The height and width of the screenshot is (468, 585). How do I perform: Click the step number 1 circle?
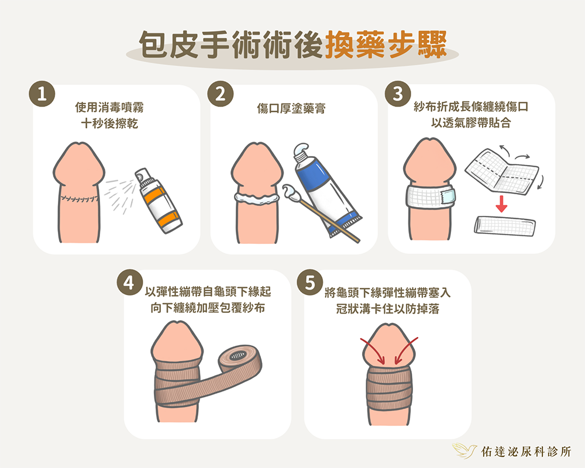point(42,94)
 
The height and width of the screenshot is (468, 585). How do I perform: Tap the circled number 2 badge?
point(220,94)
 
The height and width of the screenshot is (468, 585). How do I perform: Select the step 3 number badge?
point(398,94)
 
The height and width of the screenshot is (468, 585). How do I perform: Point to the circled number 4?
point(129,282)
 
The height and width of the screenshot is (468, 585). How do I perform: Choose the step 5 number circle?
point(310,282)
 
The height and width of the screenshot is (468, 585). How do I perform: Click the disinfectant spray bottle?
point(159,201)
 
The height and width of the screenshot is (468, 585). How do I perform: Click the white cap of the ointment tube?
point(302,152)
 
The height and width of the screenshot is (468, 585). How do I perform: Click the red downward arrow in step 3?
point(501,204)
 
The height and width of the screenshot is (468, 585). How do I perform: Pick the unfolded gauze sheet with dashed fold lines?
point(502,171)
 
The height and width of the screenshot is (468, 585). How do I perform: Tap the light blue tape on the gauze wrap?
point(448,197)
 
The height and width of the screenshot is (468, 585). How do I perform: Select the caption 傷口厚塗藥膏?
point(291,109)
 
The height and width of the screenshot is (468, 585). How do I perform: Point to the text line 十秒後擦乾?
point(109,123)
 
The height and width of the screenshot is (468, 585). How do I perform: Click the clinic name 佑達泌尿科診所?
point(526,452)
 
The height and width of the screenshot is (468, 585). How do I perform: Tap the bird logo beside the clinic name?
point(464,450)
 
